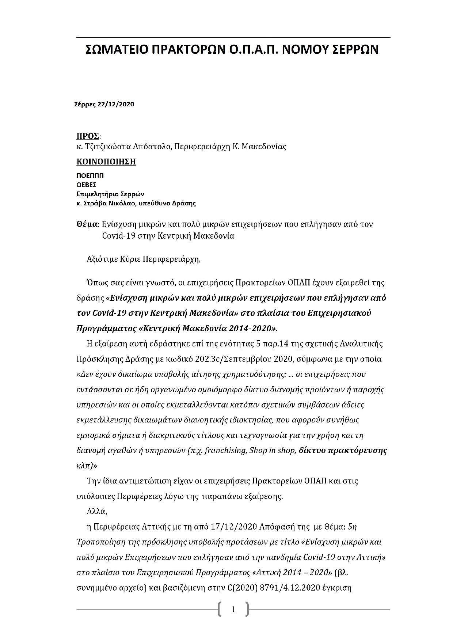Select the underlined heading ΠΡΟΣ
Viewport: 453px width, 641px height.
click(87, 136)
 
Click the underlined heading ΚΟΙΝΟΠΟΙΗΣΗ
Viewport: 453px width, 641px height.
click(106, 162)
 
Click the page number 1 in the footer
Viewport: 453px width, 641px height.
click(233, 609)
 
